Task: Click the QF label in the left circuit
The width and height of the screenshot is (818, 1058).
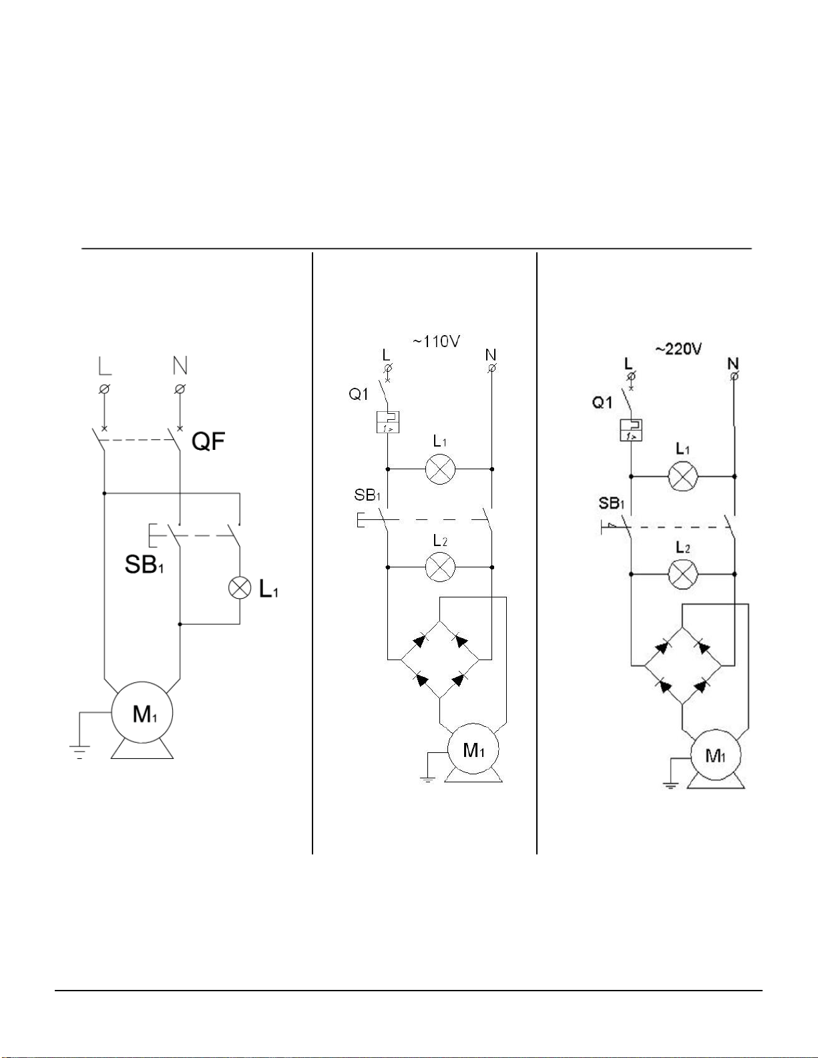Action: coord(208,441)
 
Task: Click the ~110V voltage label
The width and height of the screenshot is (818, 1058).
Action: coord(436,342)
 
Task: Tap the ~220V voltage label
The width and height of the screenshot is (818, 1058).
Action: coord(678,349)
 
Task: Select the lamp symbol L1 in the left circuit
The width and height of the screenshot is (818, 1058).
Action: coord(240,588)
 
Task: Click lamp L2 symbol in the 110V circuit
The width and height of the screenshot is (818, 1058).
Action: coord(440,567)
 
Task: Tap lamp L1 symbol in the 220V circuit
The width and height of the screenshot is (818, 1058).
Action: coord(683,477)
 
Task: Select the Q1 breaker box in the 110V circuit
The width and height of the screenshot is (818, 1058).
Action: coord(387,422)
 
